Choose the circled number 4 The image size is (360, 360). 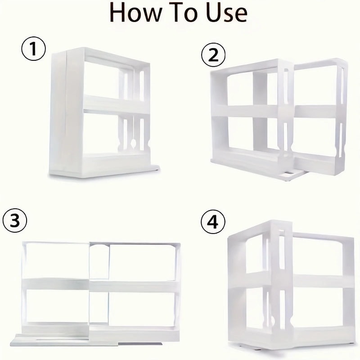coord(211,221)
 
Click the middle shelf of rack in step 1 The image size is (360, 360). coord(115,105)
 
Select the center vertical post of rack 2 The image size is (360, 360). coord(260,112)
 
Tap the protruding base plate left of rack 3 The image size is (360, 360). coord(27,338)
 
